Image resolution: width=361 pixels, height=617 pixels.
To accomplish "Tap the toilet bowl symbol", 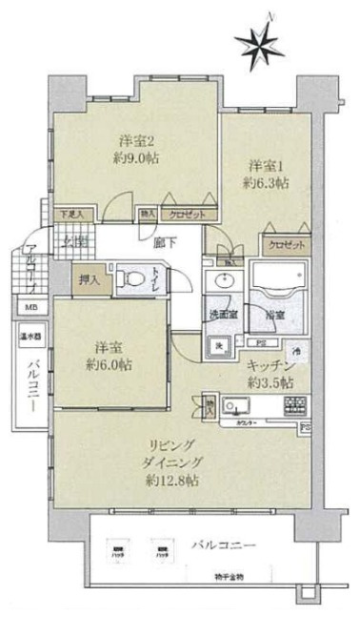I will (133, 279).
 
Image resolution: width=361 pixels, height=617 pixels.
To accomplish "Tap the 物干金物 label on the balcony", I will (228, 578).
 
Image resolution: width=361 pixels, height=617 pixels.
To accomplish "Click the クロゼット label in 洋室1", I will (284, 245).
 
